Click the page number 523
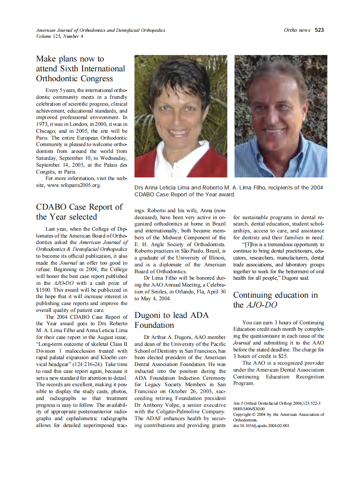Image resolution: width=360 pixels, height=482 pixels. tap(319, 30)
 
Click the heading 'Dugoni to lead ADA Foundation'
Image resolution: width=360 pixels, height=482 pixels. tap(172, 320)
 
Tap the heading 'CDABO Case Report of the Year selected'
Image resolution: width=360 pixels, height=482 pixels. tap(79, 212)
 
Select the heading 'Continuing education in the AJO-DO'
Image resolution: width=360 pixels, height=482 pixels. tap(275, 300)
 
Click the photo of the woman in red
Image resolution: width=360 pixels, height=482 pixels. tap(181, 116)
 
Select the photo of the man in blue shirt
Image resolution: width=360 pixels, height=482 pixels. tap(281, 116)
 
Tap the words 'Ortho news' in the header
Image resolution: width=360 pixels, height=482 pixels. tap(297, 30)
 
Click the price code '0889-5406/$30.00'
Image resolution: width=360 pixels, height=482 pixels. tap(249, 409)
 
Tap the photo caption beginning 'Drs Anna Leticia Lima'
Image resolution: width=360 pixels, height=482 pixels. tap(229, 191)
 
